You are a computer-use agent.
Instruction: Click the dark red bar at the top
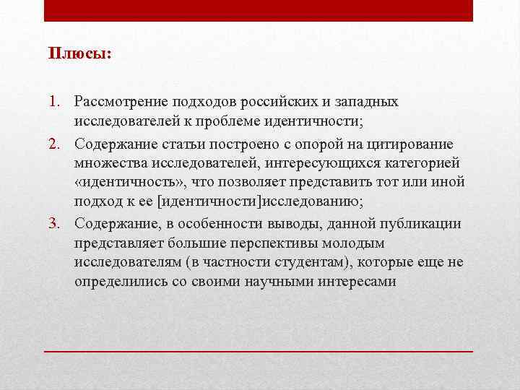(259, 10)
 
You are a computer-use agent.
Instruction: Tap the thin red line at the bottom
(259, 350)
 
